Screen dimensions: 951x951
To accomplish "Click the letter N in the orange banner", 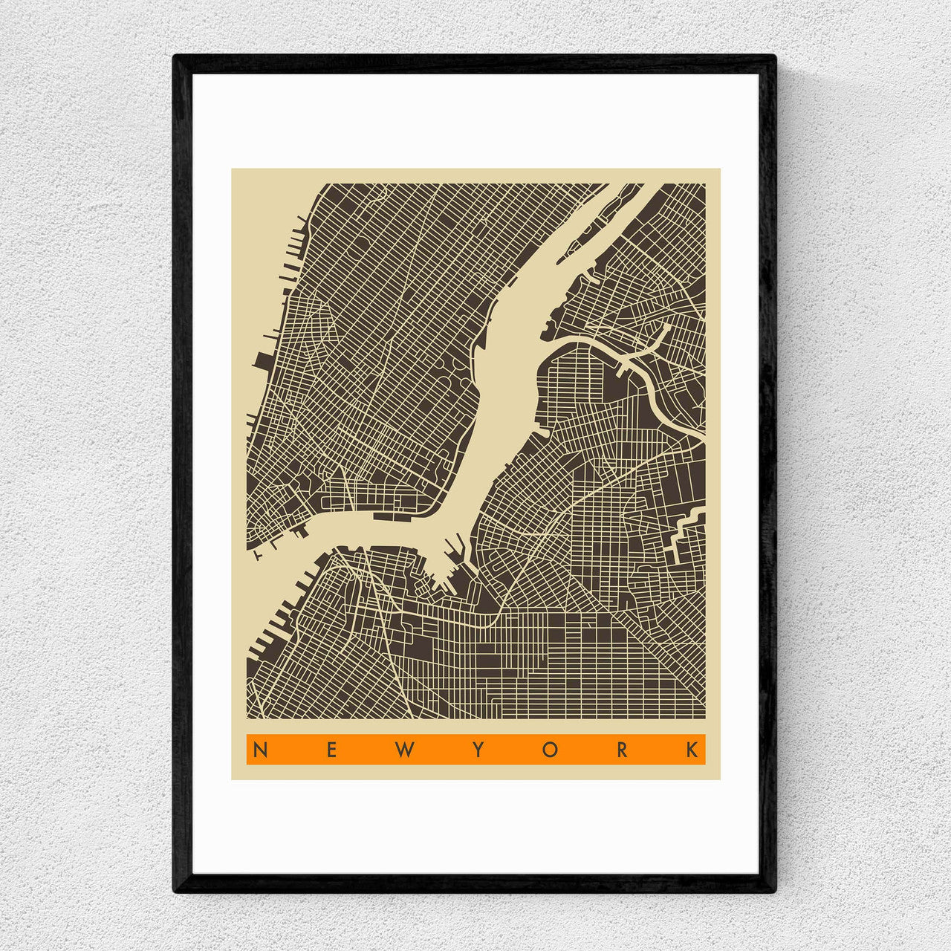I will coord(259,750).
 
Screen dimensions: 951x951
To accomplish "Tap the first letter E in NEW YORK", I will coord(331,750).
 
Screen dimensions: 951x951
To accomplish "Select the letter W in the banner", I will coord(403,750).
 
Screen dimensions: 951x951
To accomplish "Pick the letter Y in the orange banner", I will coord(477,750).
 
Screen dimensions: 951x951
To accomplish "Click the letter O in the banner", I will coord(550,750).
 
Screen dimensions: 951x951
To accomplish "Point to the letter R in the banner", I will coord(622,750).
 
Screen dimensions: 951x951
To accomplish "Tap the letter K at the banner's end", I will coord(693,750).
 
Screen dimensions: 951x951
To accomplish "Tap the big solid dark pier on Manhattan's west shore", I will coord(263,361).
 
